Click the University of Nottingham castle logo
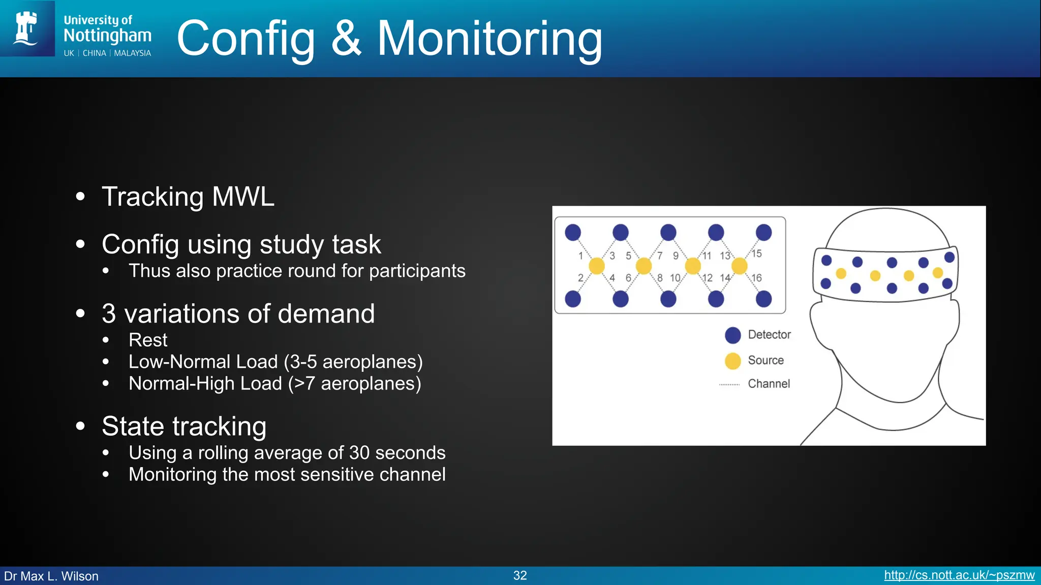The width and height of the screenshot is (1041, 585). tap(26, 28)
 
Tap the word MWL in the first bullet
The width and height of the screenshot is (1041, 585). tap(243, 197)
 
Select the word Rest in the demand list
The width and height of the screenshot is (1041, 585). tap(148, 340)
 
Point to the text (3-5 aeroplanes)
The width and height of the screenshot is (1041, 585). tap(353, 362)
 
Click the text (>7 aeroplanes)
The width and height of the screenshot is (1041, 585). tap(355, 383)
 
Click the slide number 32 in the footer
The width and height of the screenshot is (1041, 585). tap(520, 575)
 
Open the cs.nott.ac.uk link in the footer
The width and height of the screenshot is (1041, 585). tap(959, 575)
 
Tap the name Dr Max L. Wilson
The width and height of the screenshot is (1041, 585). tap(51, 576)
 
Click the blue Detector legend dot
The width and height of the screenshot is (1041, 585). tap(732, 335)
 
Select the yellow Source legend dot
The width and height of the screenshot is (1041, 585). tap(732, 361)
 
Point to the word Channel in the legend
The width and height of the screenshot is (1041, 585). tap(769, 384)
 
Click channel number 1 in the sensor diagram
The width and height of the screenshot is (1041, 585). tap(580, 255)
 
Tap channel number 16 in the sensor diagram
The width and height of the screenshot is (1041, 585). tap(756, 278)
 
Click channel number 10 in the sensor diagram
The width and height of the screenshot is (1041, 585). tap(675, 278)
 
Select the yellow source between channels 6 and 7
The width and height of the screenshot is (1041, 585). tap(644, 266)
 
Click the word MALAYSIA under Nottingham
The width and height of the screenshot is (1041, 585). tap(132, 53)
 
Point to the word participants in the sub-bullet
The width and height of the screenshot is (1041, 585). tap(417, 271)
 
